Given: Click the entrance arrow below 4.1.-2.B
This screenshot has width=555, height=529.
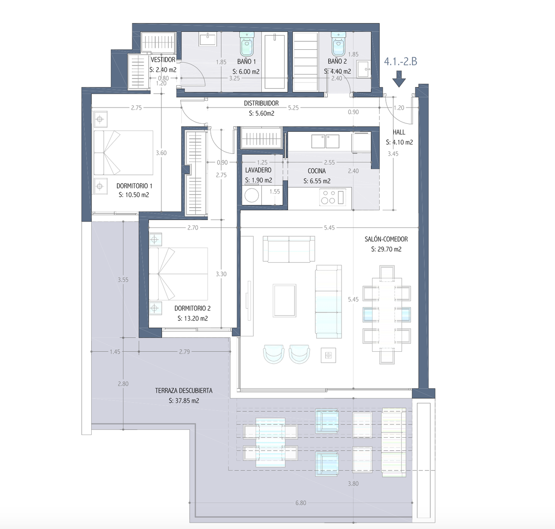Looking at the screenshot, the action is [x=399, y=79].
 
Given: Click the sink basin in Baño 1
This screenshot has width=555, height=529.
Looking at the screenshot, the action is [x=208, y=39].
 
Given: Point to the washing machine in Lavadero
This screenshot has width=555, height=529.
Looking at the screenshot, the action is [x=252, y=195].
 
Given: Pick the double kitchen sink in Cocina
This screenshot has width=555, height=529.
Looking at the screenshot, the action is [x=325, y=141].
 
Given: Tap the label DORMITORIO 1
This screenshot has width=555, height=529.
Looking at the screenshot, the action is [x=134, y=186].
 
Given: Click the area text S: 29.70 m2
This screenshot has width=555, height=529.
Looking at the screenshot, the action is [x=386, y=249].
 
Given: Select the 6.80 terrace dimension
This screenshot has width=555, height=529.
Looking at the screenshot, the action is [x=301, y=503].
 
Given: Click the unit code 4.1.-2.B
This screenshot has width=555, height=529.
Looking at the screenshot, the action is [x=401, y=61].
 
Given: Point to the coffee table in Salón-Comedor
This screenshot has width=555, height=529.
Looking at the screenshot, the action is [x=284, y=300].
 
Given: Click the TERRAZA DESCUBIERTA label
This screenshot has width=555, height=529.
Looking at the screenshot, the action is [x=183, y=391].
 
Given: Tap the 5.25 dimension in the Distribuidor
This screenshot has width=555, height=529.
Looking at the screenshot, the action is [x=293, y=108].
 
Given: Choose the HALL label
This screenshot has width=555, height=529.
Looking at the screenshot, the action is [x=399, y=132].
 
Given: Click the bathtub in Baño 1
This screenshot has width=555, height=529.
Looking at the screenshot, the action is [x=275, y=62].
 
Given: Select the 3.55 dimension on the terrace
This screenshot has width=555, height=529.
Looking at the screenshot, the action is [x=123, y=280].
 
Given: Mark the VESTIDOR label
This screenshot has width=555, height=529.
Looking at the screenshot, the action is [x=163, y=60].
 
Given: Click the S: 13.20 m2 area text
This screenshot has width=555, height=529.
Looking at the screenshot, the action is [x=193, y=318].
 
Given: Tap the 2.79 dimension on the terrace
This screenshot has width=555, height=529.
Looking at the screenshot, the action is [x=184, y=352].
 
